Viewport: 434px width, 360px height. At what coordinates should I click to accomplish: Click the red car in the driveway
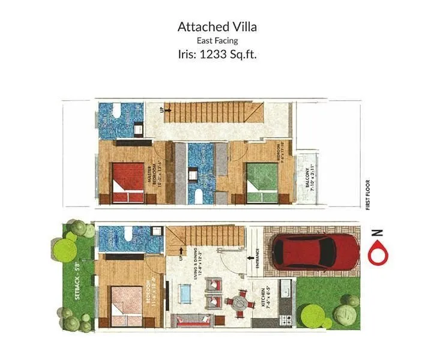pyautogui.click(x=306, y=251)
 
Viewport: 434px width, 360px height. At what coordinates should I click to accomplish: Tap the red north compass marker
pyautogui.click(x=378, y=254)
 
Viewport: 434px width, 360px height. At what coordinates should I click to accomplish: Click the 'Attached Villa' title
pyautogui.click(x=217, y=27)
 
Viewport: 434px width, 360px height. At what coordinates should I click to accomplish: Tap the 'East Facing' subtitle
pyautogui.click(x=217, y=40)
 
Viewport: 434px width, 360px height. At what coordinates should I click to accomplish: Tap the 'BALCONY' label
pyautogui.click(x=307, y=178)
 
